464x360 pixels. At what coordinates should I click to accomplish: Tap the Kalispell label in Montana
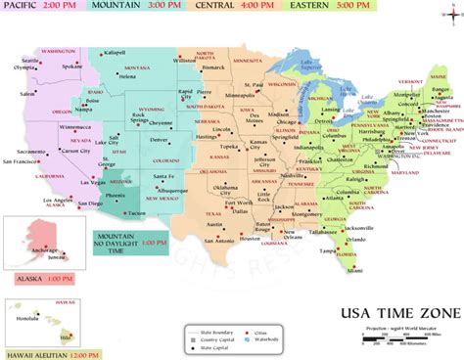116,52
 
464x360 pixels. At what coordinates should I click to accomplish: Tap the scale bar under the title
405,338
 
